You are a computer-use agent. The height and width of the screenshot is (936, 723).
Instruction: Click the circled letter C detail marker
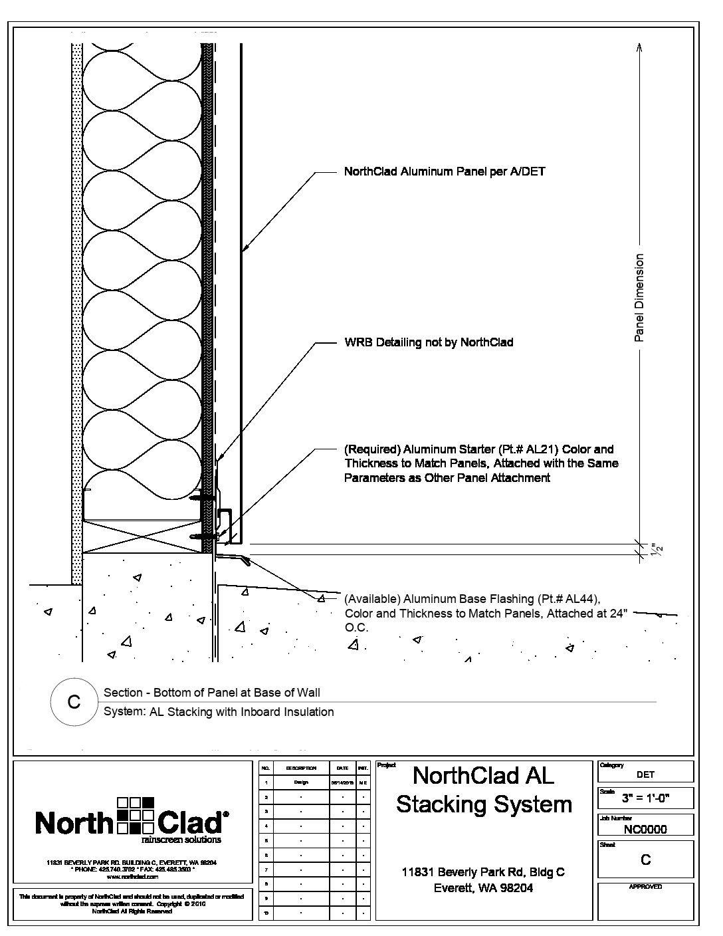pyautogui.click(x=74, y=702)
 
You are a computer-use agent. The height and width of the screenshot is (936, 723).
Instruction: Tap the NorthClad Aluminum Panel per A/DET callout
pyautogui.click(x=445, y=172)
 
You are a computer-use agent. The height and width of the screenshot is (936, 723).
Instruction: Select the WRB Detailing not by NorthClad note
pyautogui.click(x=429, y=343)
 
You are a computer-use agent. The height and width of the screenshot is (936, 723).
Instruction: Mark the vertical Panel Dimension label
pyautogui.click(x=639, y=297)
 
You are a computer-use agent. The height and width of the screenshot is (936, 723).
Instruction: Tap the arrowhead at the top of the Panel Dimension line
pyautogui.click(x=639, y=47)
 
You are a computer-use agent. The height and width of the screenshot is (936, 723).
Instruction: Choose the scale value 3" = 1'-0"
pyautogui.click(x=645, y=798)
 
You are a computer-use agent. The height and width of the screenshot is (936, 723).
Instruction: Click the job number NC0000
pyautogui.click(x=645, y=829)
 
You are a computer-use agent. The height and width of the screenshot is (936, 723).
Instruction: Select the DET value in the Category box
pyautogui.click(x=645, y=774)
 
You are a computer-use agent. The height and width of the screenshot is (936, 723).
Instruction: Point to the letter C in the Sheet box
pyautogui.click(x=645, y=860)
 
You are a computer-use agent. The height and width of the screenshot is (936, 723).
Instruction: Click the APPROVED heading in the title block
pyautogui.click(x=645, y=887)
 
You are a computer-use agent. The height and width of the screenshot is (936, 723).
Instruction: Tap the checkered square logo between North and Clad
pyautogui.click(x=135, y=815)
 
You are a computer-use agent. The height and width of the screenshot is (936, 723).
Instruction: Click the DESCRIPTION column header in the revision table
pyautogui.click(x=301, y=768)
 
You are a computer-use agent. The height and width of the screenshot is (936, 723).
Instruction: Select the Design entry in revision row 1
pyautogui.click(x=301, y=782)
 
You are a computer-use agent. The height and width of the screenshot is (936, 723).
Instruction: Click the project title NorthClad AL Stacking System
pyautogui.click(x=484, y=790)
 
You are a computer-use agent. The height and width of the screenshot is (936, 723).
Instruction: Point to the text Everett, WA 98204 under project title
pyautogui.click(x=483, y=887)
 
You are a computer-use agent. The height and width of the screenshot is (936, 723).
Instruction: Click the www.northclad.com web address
pyautogui.click(x=133, y=877)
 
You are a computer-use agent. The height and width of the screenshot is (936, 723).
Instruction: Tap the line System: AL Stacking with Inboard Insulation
pyautogui.click(x=219, y=712)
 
